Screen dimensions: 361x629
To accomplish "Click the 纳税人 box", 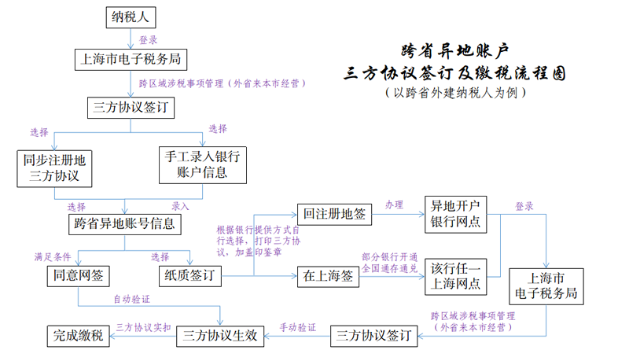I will [x=131, y=17].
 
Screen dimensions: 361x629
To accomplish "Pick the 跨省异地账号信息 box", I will [x=124, y=223].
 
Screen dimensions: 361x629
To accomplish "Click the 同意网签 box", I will [x=77, y=275].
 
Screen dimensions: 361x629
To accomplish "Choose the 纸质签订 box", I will [x=189, y=275].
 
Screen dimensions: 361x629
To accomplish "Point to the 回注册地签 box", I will [x=333, y=212].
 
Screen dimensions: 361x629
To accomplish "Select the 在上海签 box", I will [x=333, y=275].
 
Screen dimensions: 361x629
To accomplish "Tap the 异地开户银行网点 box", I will [x=456, y=214].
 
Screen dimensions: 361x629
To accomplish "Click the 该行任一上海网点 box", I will [x=456, y=276].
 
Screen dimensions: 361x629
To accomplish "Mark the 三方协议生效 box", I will [x=219, y=336].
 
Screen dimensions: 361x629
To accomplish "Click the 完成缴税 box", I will [x=78, y=336].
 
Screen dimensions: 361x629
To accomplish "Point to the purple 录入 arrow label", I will [x=181, y=206].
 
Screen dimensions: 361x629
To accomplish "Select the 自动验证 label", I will [x=131, y=300].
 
